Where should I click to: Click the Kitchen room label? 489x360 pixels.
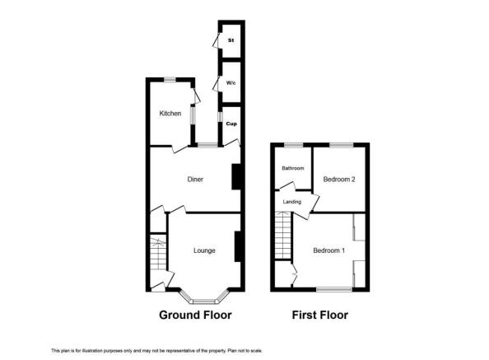point(170,114)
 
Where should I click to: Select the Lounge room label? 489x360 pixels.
point(204,250)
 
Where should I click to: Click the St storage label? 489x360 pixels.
point(231,38)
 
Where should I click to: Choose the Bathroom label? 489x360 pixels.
point(293,168)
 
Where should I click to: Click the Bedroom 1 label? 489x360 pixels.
point(328,250)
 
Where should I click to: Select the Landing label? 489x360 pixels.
point(291,201)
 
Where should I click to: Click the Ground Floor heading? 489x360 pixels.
point(195,315)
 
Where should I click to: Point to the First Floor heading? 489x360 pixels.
point(320,315)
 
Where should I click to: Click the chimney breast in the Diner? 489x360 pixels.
point(236,177)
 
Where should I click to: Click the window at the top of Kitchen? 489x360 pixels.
point(170,79)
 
